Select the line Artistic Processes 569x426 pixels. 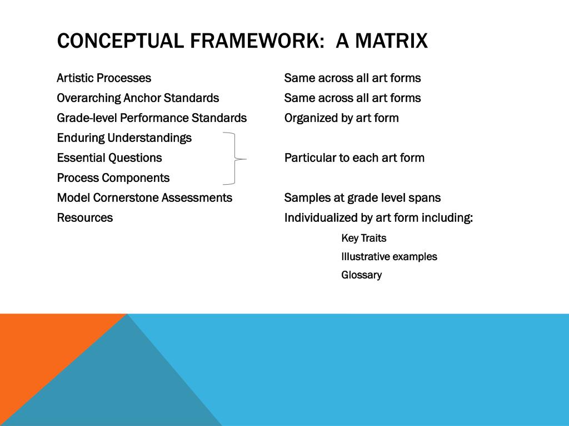point(104,78)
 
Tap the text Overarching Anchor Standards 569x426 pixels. point(138,98)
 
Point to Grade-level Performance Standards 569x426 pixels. point(152,118)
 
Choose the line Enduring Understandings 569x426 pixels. point(124,138)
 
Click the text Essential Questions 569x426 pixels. point(109,158)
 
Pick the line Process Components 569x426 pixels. point(113,178)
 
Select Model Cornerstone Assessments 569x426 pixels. point(144,198)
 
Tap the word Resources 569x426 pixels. point(85,218)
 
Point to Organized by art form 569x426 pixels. point(341,118)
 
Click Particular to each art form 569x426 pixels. point(354,158)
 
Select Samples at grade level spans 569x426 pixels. point(362,198)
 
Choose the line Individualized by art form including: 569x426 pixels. point(378,218)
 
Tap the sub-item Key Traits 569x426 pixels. point(363,239)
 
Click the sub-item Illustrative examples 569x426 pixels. point(389,257)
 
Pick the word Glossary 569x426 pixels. point(361,275)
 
